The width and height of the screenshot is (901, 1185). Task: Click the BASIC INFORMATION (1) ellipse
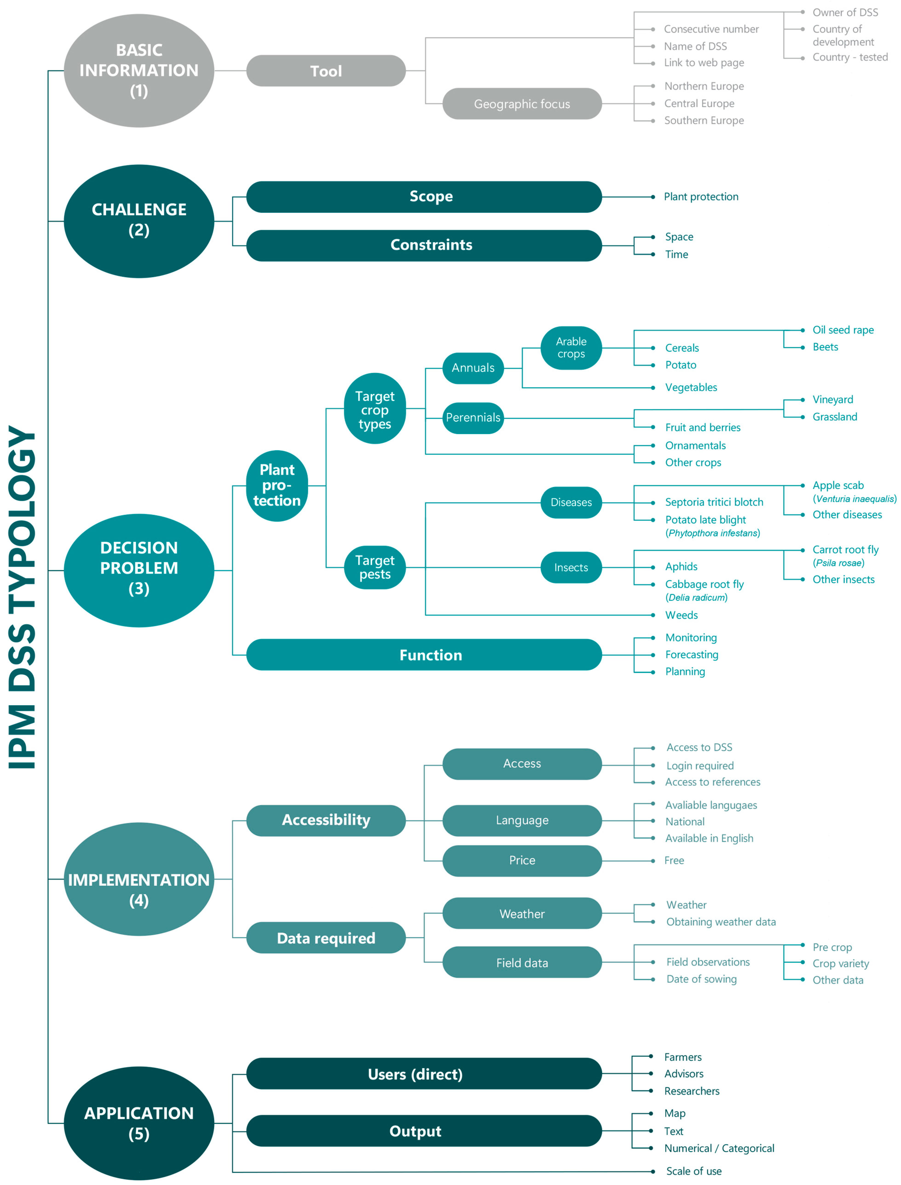tap(139, 70)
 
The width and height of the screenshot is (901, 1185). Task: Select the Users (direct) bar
tap(424, 1073)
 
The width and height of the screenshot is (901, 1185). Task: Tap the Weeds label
tap(681, 615)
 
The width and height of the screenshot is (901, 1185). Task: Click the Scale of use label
tap(693, 1171)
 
